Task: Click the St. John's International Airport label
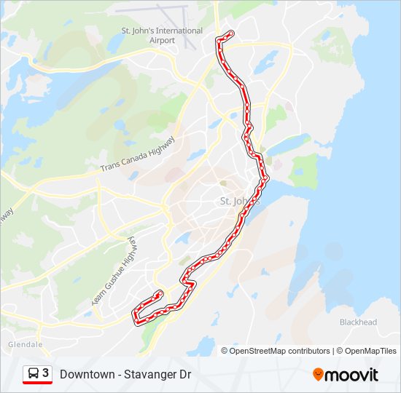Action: click(162, 35)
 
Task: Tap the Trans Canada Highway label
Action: click(138, 155)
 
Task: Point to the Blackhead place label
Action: click(358, 322)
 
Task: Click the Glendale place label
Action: click(26, 344)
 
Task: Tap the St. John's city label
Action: click(240, 201)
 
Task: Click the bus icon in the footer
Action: click(33, 374)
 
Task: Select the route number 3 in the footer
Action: click(45, 373)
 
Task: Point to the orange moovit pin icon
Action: click(318, 374)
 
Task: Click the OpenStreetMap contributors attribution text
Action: click(280, 351)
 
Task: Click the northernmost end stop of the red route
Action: click(231, 33)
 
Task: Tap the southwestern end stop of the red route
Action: click(160, 293)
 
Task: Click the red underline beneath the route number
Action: click(37, 384)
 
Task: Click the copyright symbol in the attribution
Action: click(225, 351)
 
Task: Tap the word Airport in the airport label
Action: click(162, 40)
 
